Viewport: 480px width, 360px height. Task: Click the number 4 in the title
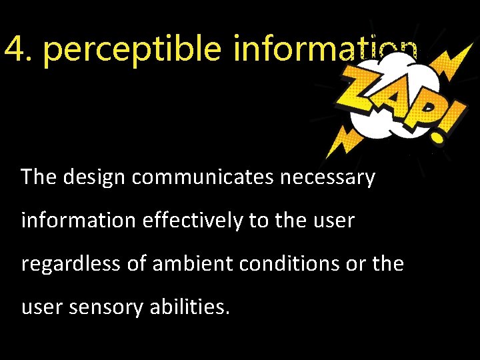pos(16,49)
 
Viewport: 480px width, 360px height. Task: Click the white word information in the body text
pos(78,221)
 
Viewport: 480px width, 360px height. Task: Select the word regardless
pos(72,265)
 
